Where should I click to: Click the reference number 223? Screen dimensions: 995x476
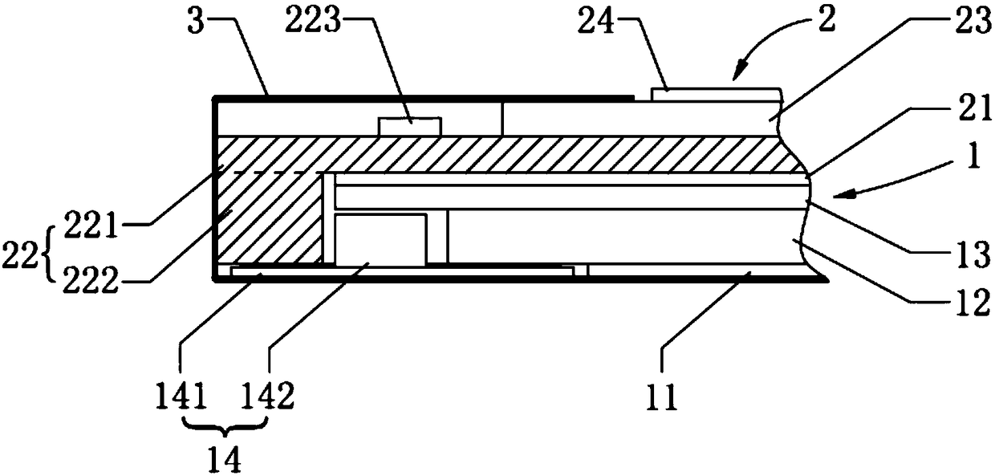coord(313,22)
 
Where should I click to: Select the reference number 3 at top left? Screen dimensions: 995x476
coord(196,22)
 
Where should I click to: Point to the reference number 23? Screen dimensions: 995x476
coord(974,20)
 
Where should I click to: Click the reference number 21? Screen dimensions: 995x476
coord(976,108)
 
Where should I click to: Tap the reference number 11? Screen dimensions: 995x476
coord(662,397)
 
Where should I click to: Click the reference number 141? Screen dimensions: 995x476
coord(181,396)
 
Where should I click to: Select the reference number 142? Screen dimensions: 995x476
coord(267,396)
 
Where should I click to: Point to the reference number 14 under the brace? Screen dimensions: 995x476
coord(226,460)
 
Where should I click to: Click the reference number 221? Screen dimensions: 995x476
coord(91,225)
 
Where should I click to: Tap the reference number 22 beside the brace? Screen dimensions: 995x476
coord(19,256)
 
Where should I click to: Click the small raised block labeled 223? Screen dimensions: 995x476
coord(409,127)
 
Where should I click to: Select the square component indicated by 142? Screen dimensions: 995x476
coord(380,240)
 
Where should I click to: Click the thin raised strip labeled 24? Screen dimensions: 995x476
coord(715,95)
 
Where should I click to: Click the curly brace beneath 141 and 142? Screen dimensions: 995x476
coord(226,428)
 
